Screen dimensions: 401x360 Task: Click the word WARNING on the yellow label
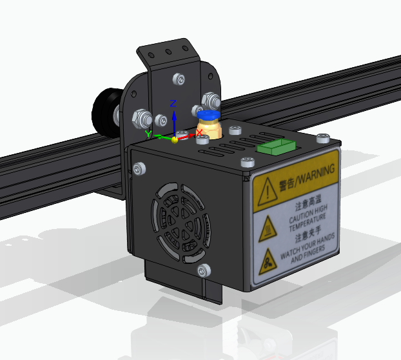(x=317, y=174)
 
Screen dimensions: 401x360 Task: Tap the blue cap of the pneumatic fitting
(x=208, y=114)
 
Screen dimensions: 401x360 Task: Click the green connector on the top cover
(x=277, y=147)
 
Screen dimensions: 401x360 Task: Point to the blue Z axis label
(x=173, y=103)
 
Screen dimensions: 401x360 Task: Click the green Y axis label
(x=148, y=134)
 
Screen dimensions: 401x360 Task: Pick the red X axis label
(x=199, y=132)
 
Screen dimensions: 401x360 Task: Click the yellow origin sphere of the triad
(x=175, y=140)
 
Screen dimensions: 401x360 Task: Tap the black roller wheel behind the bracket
(x=105, y=111)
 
